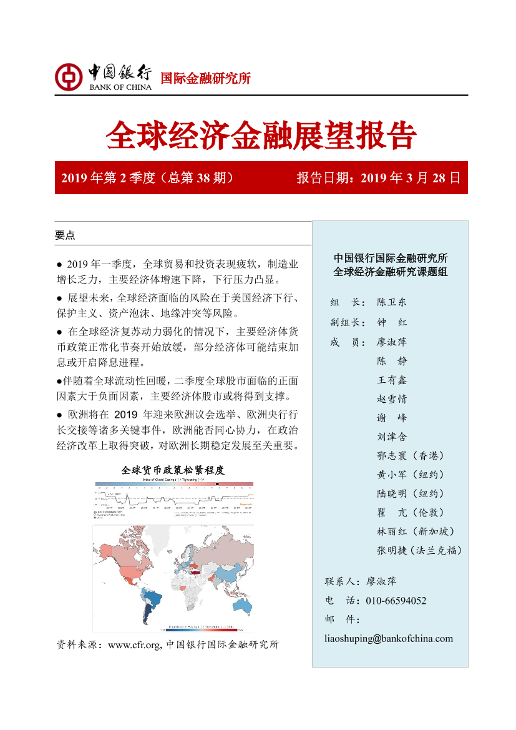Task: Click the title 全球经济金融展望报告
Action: click(261, 135)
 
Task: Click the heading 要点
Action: click(65, 235)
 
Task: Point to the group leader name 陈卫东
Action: click(391, 302)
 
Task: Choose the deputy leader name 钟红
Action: click(391, 322)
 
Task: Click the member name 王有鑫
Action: click(391, 380)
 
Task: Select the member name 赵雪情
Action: click(391, 399)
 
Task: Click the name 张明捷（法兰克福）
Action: click(419, 550)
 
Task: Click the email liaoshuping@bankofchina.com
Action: click(389, 638)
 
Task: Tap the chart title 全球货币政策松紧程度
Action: click(173, 470)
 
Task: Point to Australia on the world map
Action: click(240, 603)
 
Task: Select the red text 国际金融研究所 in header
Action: click(205, 79)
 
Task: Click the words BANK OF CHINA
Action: click(120, 87)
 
